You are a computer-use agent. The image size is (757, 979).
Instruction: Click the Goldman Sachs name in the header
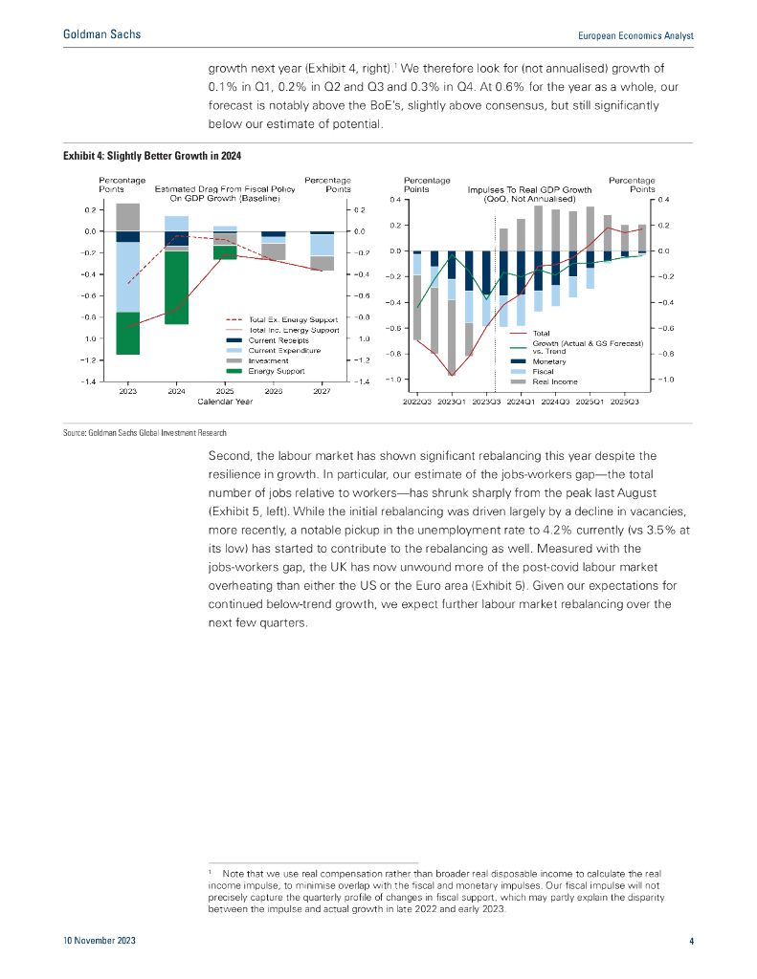(100, 34)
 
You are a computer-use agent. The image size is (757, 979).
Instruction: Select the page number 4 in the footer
(690, 942)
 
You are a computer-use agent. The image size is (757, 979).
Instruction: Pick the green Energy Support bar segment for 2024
(176, 287)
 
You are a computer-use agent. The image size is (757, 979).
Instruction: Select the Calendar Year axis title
(225, 402)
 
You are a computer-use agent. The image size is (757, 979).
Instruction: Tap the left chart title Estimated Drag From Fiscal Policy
(225, 189)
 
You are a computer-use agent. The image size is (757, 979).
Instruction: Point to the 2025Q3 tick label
(625, 402)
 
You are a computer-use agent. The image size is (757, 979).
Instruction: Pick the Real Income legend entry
(554, 381)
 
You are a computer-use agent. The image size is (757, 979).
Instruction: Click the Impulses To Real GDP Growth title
(528, 189)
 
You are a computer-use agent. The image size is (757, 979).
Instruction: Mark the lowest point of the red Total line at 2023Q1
(451, 375)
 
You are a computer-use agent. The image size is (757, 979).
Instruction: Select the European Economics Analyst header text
(636, 35)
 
